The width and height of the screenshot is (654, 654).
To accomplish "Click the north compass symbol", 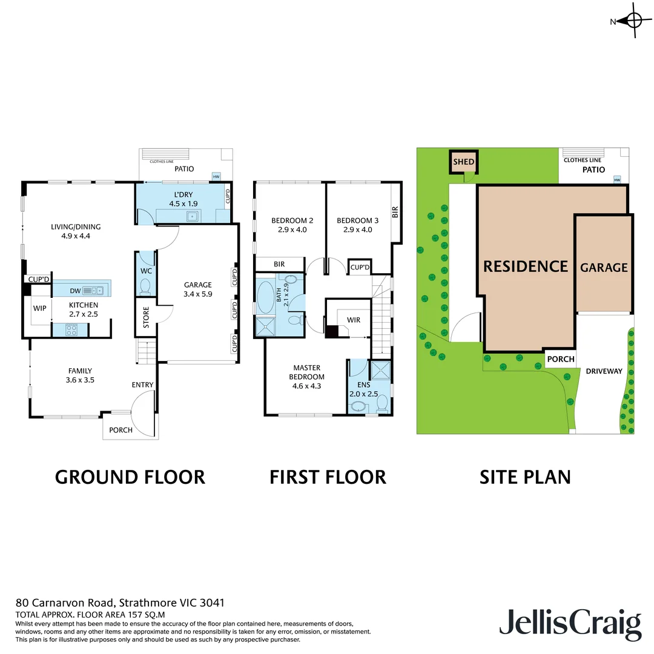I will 633,21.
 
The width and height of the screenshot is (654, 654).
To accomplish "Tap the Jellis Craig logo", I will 570,624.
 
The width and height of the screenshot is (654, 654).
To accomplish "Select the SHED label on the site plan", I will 464,162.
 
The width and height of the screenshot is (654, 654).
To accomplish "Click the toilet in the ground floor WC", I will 145,285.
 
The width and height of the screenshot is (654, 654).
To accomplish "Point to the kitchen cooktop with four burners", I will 70,330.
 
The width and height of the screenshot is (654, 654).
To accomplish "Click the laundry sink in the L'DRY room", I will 193,216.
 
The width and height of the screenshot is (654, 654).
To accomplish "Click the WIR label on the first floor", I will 354,319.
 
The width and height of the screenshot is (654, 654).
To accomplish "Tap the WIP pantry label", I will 40,308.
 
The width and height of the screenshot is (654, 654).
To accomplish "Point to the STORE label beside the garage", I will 146,320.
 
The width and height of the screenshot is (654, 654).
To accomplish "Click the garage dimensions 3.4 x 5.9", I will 198,295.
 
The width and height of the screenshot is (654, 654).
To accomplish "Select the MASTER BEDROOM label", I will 307,372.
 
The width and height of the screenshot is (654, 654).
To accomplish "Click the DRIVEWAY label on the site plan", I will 604,371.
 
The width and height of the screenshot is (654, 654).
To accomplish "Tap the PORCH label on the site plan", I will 560,359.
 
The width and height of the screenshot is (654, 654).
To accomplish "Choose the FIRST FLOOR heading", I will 328,477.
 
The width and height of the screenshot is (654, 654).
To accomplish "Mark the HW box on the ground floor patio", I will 216,177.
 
